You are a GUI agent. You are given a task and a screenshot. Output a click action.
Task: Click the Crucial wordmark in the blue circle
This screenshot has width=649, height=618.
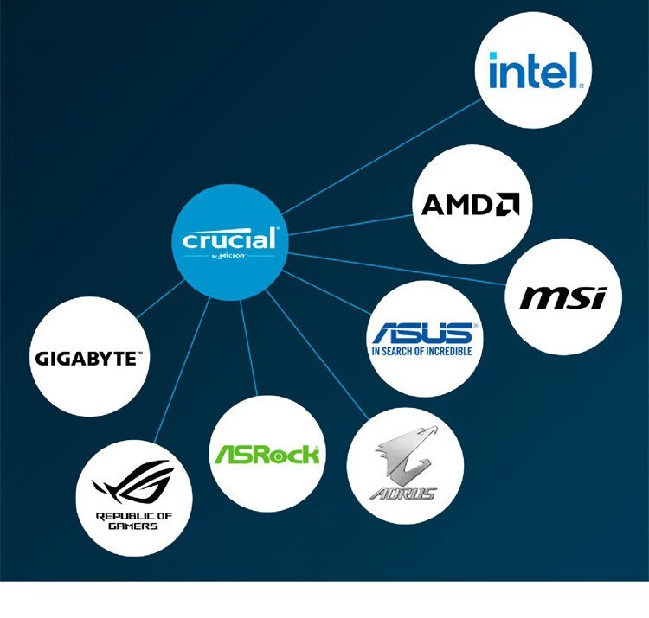[229, 239]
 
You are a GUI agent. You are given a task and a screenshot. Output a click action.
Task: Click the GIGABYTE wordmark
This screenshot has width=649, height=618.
[88, 357]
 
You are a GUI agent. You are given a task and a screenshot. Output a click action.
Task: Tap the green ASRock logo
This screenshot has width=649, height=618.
[267, 454]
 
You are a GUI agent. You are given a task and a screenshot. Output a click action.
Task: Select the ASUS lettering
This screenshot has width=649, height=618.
[422, 334]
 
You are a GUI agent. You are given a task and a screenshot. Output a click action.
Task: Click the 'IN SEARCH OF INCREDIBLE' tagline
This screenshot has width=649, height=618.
[422, 352]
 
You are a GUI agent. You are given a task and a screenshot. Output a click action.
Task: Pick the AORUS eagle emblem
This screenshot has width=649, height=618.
[405, 458]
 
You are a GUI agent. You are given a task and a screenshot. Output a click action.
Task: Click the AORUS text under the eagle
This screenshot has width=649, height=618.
[403, 494]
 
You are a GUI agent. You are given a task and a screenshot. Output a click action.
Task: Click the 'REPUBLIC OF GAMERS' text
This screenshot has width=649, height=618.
[133, 521]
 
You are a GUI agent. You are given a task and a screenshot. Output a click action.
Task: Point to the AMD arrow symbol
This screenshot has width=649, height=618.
[508, 205]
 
